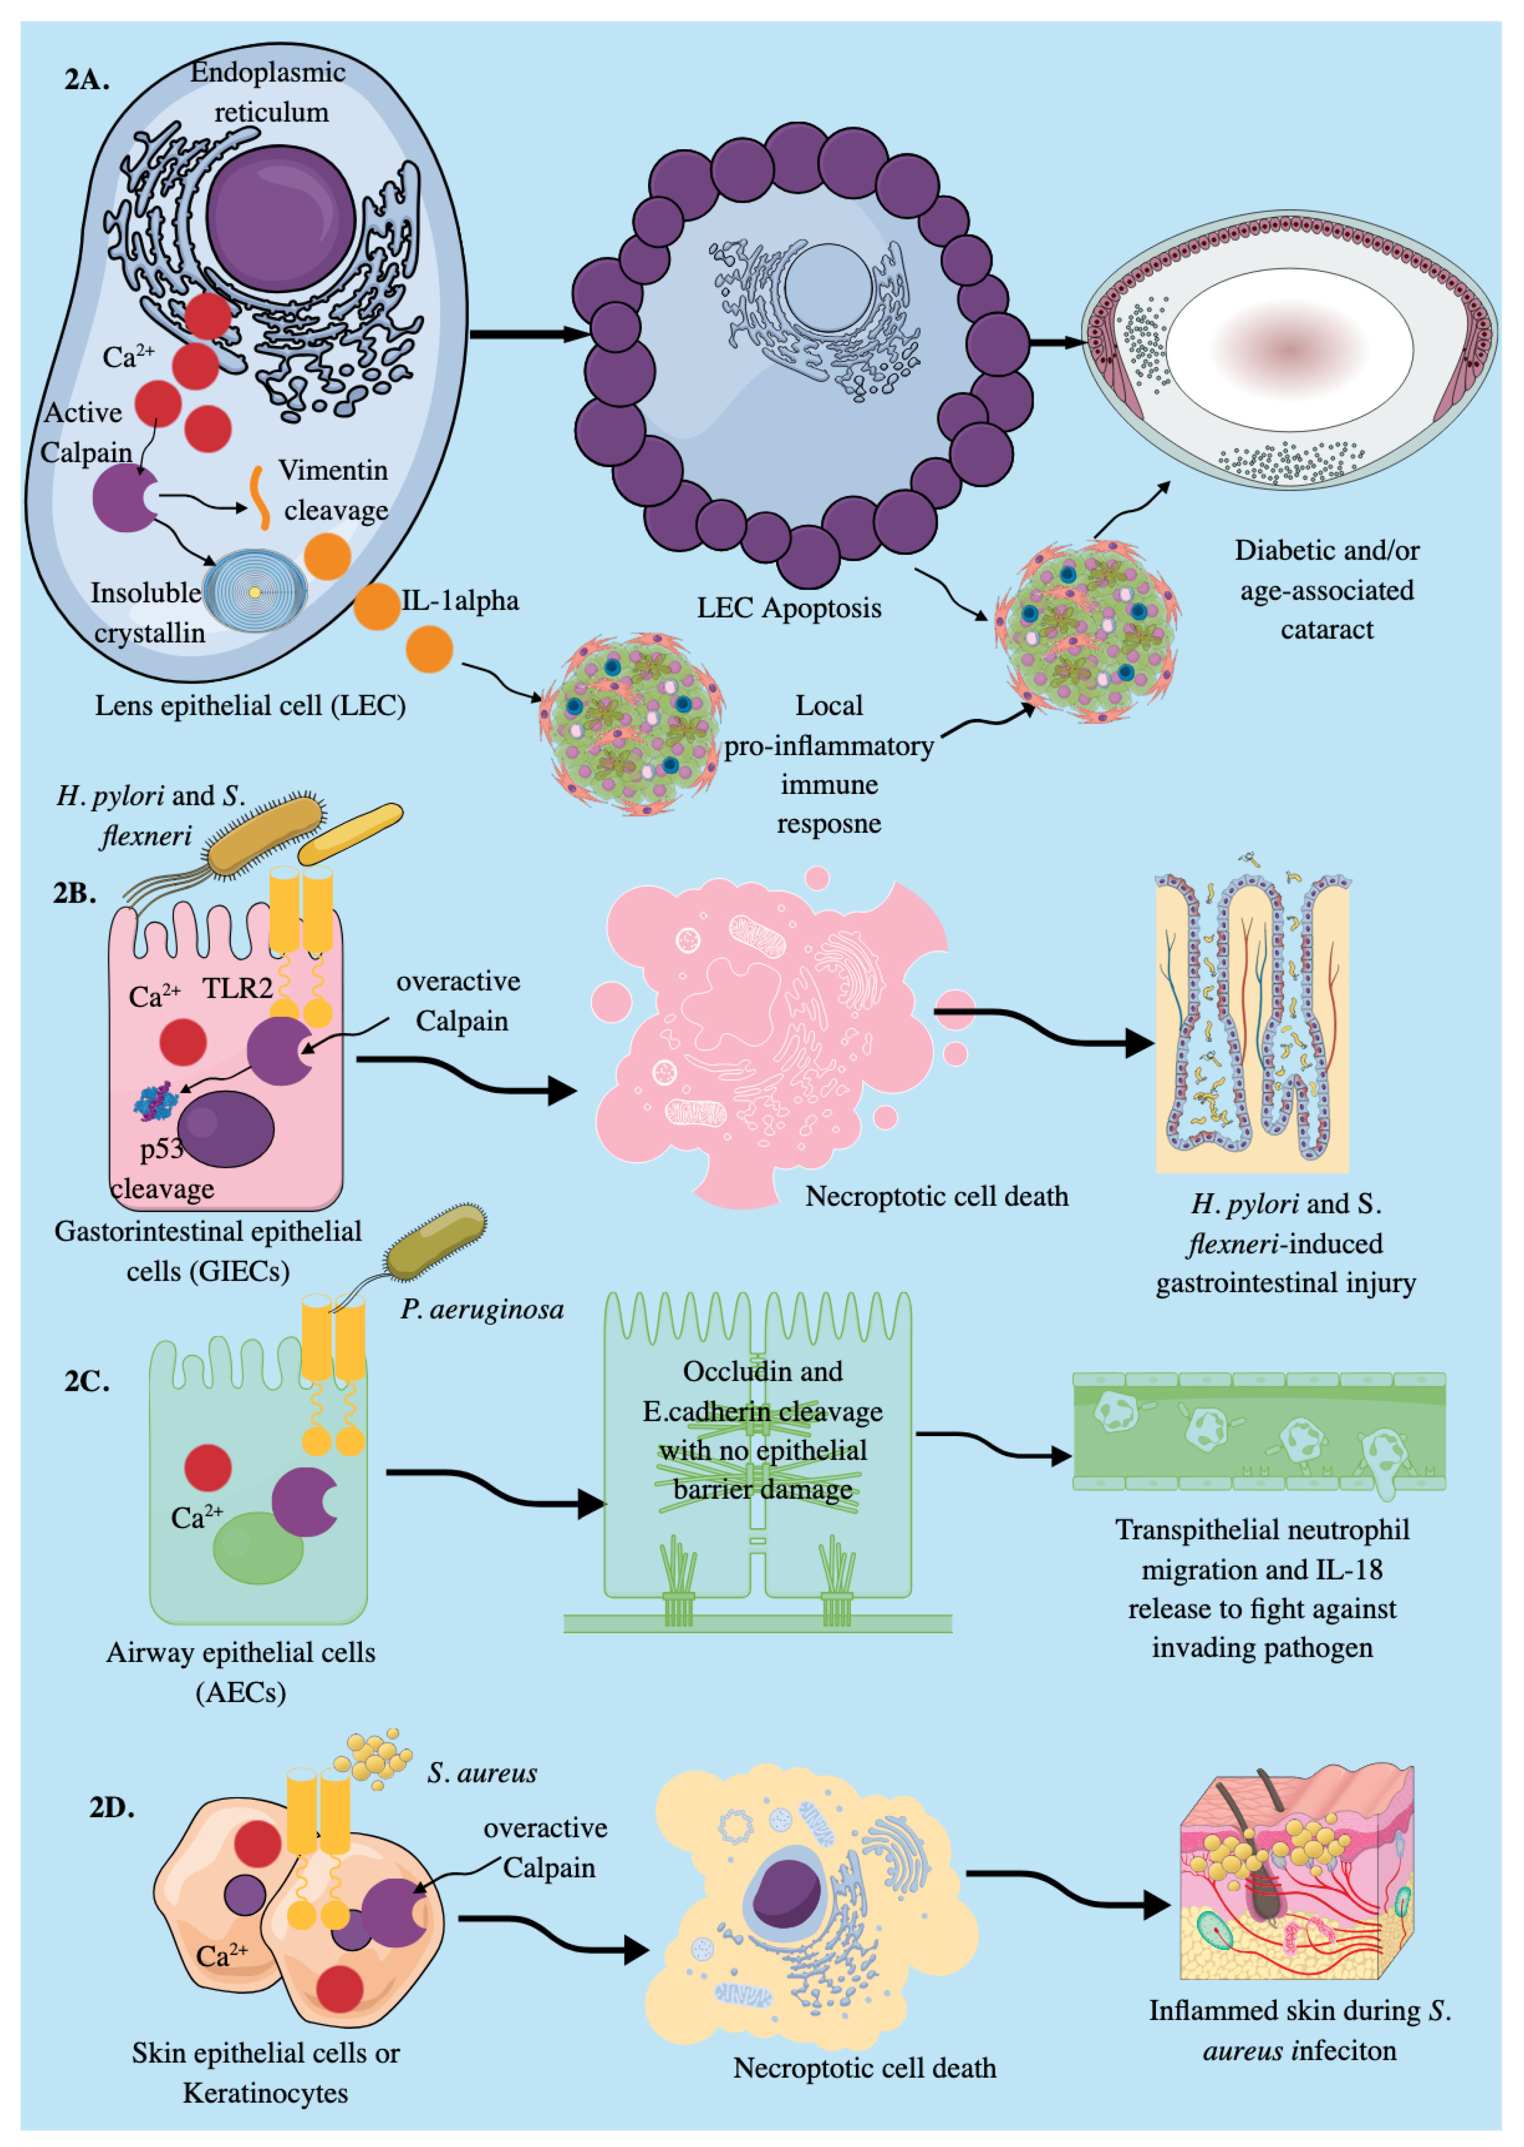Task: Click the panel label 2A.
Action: point(86,80)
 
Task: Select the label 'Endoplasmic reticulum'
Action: point(268,92)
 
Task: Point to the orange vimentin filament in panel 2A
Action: point(259,498)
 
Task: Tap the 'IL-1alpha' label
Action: point(460,601)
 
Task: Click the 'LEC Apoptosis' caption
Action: point(788,608)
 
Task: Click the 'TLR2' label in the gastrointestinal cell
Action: point(237,988)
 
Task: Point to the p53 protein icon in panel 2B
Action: point(156,1101)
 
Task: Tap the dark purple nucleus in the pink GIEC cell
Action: point(226,1129)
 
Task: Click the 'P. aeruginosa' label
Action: point(482,1309)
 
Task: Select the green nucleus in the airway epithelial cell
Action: point(258,1547)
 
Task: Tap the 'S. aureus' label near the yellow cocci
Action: point(482,1773)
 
